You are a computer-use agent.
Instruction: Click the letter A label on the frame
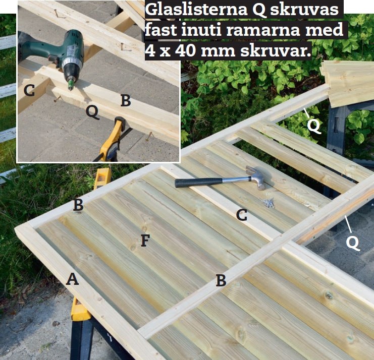[x=72, y=279]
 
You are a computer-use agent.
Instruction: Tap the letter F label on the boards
[x=145, y=240]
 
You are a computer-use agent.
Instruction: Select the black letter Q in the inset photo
[x=92, y=112]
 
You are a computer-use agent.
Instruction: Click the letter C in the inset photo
[x=29, y=91]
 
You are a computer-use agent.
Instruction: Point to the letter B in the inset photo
[x=126, y=100]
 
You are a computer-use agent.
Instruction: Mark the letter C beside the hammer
[x=242, y=215]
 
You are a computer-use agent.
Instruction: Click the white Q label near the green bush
[x=313, y=126]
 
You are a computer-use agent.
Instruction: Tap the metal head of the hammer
[x=256, y=177]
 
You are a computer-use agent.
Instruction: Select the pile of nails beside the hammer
[x=268, y=203]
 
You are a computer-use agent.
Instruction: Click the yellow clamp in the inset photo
[x=113, y=141]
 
